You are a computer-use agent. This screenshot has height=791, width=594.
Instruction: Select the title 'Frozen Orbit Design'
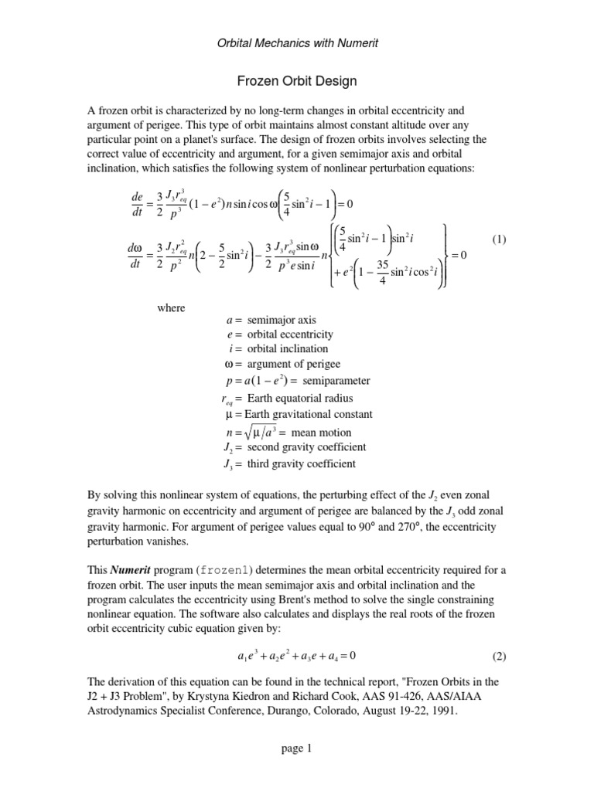tap(296, 80)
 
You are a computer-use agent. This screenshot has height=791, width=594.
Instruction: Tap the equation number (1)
tap(498, 239)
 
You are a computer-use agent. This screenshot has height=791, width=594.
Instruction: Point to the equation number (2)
tap(498, 657)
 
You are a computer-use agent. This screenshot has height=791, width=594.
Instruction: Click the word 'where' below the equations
tap(171, 308)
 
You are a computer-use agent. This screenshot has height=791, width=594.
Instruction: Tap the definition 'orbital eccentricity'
tap(290, 334)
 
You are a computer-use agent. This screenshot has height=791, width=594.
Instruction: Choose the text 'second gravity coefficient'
tap(306, 447)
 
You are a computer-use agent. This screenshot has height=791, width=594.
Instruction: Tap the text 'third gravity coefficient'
tap(302, 464)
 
